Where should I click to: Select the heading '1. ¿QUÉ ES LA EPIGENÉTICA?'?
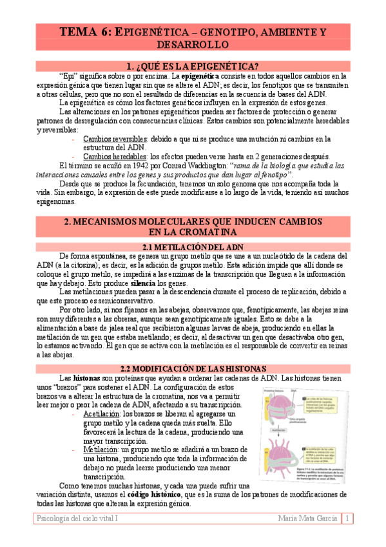click(x=193, y=65)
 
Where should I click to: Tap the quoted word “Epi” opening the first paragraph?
click(x=68, y=75)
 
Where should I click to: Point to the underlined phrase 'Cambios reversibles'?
click(x=115, y=138)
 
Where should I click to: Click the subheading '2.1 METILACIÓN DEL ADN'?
click(x=193, y=247)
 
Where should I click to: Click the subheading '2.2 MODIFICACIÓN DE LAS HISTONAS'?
click(x=193, y=368)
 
